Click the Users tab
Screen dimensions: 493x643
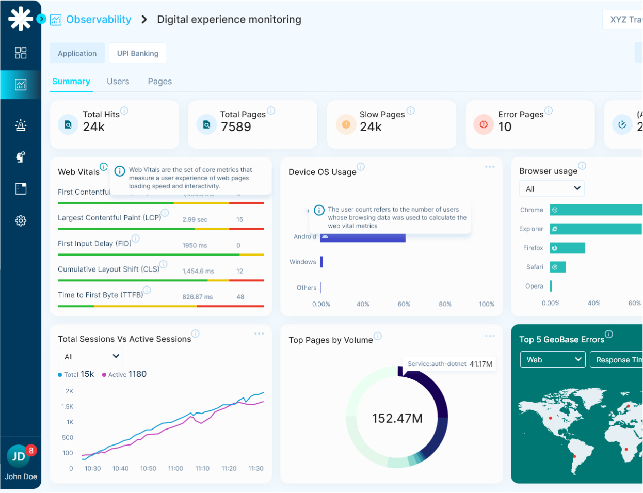(118, 82)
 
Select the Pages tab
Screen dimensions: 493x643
(159, 82)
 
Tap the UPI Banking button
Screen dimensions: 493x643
(138, 53)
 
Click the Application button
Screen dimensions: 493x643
(77, 53)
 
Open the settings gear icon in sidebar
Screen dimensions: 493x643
(21, 221)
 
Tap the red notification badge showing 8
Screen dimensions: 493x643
(31, 450)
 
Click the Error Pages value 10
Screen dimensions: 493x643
(505, 127)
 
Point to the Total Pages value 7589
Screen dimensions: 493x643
(236, 127)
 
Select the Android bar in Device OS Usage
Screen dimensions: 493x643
(363, 237)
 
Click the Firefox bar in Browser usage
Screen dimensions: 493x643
(567, 248)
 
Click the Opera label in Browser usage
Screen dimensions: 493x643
(534, 286)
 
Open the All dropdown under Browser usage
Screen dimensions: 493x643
(552, 188)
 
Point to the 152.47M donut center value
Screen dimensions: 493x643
(397, 418)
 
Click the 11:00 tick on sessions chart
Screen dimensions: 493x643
(175, 468)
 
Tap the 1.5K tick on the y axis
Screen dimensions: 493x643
(68, 407)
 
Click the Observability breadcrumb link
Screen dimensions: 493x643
(98, 20)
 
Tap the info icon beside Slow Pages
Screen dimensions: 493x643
(411, 110)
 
